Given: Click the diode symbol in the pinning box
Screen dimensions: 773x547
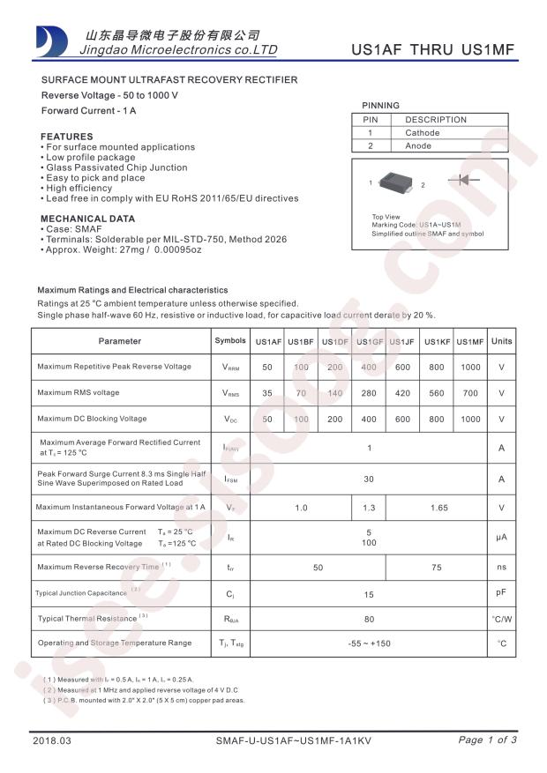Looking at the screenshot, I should (468, 180).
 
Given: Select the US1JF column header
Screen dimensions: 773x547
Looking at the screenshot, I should (402, 342).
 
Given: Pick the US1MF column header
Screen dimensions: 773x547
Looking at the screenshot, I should (470, 342).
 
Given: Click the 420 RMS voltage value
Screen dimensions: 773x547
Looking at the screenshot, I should (402, 393).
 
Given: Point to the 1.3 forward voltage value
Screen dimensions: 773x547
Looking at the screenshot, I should (369, 508).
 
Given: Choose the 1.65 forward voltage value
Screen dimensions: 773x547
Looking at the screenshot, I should (436, 508).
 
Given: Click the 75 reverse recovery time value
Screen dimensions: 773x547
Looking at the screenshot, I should (436, 568).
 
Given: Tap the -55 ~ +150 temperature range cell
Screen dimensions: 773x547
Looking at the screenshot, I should (369, 643).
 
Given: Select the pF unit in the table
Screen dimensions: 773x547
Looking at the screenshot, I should (501, 595).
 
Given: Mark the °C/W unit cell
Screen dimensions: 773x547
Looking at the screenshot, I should (501, 619).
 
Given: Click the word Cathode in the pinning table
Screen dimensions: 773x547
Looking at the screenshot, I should (422, 133).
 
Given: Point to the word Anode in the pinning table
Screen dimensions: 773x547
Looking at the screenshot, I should (418, 146).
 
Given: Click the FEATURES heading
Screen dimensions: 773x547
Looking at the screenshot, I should (67, 137).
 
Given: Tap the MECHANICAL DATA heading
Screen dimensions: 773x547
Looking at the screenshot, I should (88, 219).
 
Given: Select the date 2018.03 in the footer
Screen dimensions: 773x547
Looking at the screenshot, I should (49, 741).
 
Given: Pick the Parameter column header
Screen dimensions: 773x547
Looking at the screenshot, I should (120, 341).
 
